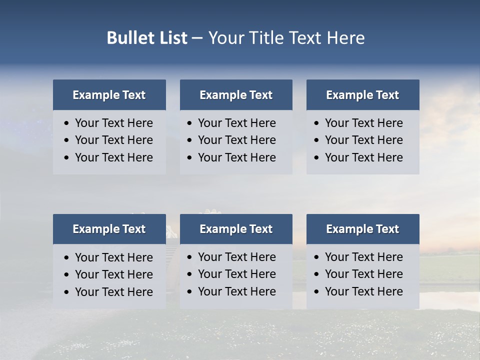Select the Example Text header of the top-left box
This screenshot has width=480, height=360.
109,95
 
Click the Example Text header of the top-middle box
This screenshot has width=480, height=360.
236,95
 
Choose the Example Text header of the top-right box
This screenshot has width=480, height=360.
362,95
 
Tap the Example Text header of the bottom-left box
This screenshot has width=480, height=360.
109,229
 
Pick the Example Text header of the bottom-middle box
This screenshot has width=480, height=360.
236,229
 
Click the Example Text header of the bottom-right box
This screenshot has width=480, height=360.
362,229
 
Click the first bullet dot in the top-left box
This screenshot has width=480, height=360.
67,123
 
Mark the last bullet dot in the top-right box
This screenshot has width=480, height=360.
317,158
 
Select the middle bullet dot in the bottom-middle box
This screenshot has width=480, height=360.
190,274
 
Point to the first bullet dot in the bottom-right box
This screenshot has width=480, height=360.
317,257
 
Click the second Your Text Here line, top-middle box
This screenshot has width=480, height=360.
237,140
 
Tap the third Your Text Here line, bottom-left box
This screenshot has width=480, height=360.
114,292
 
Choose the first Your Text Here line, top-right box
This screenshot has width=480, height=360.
364,123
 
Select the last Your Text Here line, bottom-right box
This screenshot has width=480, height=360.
364,291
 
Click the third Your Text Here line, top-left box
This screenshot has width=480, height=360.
114,157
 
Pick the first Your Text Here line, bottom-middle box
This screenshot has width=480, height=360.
237,257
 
